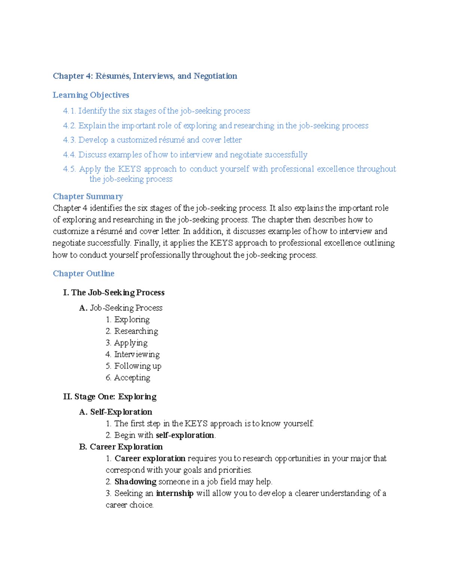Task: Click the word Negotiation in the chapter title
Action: tap(215, 76)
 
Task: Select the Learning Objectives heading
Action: tap(91, 95)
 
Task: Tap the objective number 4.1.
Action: tap(69, 111)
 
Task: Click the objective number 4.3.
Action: tap(69, 140)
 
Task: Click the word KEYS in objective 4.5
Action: tap(129, 169)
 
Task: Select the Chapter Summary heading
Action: tap(88, 197)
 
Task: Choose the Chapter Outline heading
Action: tap(83, 274)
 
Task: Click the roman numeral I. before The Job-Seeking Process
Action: tap(66, 293)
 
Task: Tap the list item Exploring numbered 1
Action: tap(132, 320)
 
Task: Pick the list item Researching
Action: tap(136, 331)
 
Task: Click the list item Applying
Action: tap(131, 343)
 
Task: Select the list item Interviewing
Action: tap(137, 355)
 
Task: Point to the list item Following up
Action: tap(138, 366)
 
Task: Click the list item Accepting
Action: tap(132, 378)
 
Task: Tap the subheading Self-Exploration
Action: tap(121, 412)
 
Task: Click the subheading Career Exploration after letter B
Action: tap(126, 447)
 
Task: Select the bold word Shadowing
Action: tap(135, 482)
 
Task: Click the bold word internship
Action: tap(174, 493)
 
